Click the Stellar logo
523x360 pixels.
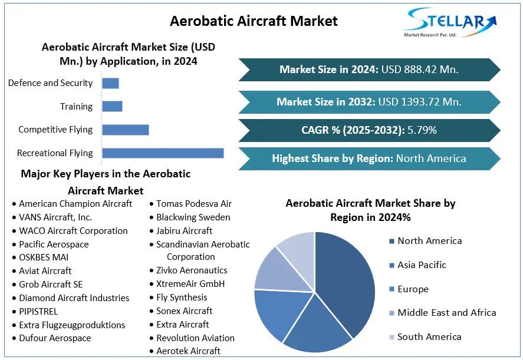pyautogui.click(x=450, y=22)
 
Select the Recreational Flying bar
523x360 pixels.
pyautogui.click(x=163, y=153)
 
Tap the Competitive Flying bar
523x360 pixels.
pyautogui.click(x=126, y=130)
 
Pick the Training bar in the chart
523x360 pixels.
pyautogui.click(x=112, y=106)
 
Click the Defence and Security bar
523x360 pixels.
pyautogui.click(x=110, y=83)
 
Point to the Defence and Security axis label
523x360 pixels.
pyautogui.click(x=50, y=83)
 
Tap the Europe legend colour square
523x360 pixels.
pyautogui.click(x=392, y=289)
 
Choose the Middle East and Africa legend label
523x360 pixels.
pyautogui.click(x=446, y=313)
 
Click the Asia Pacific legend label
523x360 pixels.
pyautogui.click(x=422, y=265)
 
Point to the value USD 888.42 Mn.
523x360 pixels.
pyautogui.click(x=420, y=70)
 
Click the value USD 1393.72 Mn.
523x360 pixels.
pyautogui.click(x=420, y=102)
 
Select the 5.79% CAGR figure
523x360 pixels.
pyautogui.click(x=422, y=130)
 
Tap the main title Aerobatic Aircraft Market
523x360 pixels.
pyautogui.click(x=254, y=21)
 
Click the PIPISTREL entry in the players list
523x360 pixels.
pyautogui.click(x=38, y=312)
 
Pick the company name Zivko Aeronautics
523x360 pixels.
pyautogui.click(x=192, y=270)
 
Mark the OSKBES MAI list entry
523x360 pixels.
pyautogui.click(x=44, y=257)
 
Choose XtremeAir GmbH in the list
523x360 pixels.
pyautogui.click(x=190, y=283)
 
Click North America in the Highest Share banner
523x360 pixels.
pyautogui.click(x=431, y=158)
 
